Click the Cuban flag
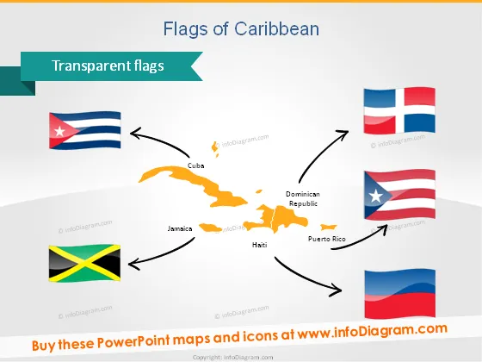pyautogui.click(x=85, y=130)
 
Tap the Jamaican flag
pyautogui.click(x=84, y=263)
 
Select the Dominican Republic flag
pyautogui.click(x=399, y=110)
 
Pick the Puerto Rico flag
pyautogui.click(x=399, y=195)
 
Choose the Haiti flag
pyautogui.click(x=400, y=294)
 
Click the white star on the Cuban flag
pyautogui.click(x=59, y=131)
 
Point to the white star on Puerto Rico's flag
pyautogui.click(x=375, y=196)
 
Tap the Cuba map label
pyautogui.click(x=196, y=165)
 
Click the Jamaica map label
pyautogui.click(x=180, y=228)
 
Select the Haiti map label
pyautogui.click(x=259, y=245)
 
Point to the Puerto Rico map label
pyautogui.click(x=327, y=239)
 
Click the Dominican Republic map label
pyautogui.click(x=303, y=198)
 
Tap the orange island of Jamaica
pyautogui.click(x=210, y=228)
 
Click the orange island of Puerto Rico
pyautogui.click(x=328, y=228)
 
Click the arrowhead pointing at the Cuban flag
pyautogui.click(x=135, y=133)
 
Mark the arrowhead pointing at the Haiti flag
pyautogui.click(x=336, y=290)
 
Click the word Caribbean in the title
pyautogui.click(x=276, y=29)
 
